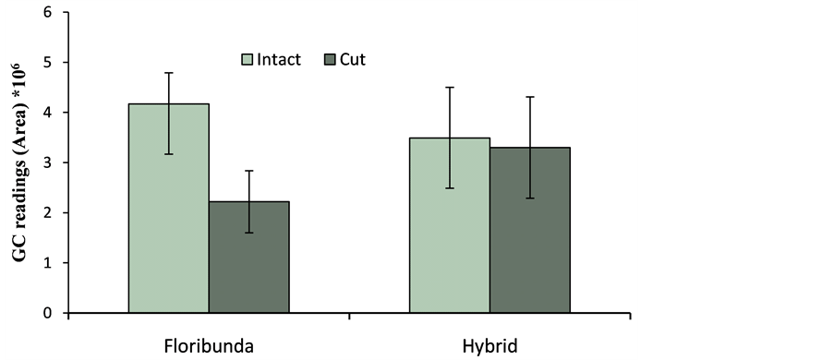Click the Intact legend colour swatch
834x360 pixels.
coord(248,60)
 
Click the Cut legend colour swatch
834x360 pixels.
coord(332,60)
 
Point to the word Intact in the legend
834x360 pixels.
coord(279,60)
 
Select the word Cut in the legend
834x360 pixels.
coord(354,60)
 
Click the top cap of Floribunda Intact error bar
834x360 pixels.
coord(169,73)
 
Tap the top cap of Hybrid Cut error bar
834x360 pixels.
coord(530,97)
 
